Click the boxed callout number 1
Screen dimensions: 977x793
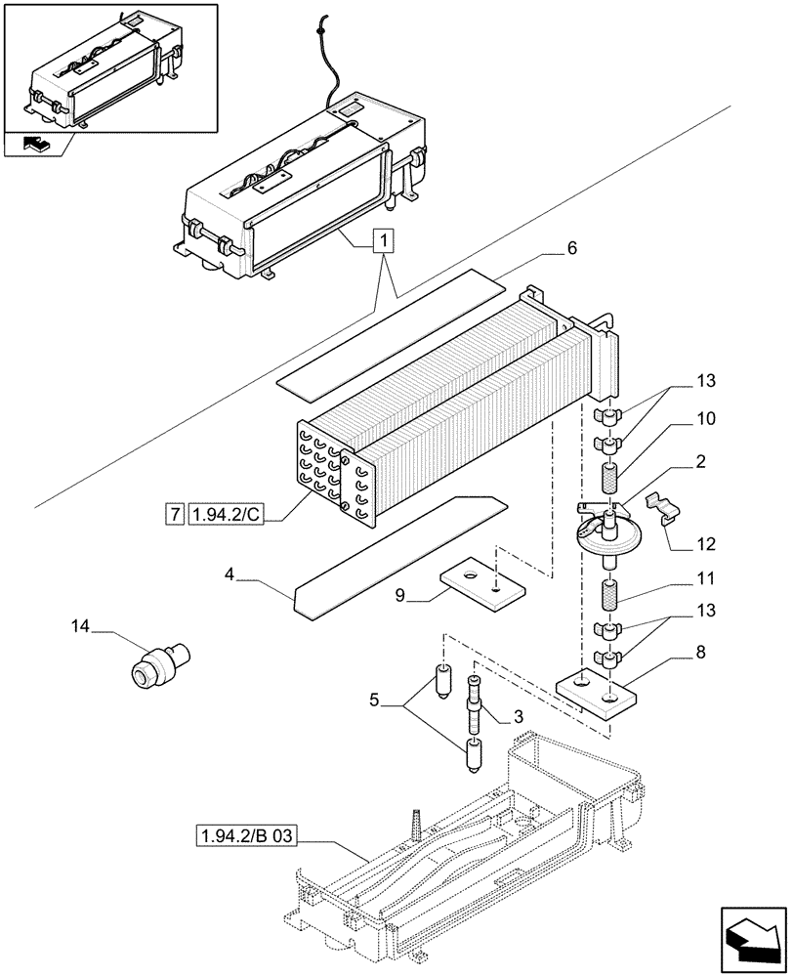[385, 239]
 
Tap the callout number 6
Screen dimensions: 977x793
[571, 249]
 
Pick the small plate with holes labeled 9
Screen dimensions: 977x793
[480, 584]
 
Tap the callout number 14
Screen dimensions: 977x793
[82, 625]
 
